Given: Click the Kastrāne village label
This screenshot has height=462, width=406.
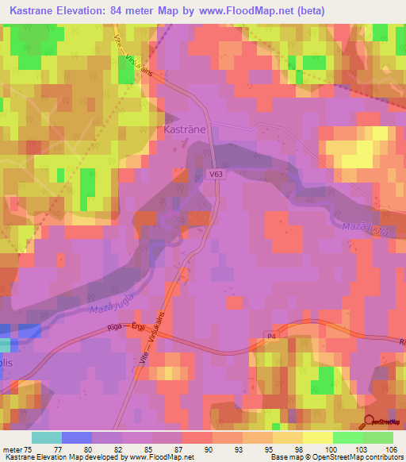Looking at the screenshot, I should [185, 128].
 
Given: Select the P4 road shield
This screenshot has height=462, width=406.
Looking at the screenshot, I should [271, 337].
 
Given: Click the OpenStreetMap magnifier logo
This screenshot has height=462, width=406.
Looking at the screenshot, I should [370, 422].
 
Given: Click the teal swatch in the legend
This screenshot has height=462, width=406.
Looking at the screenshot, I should [46, 437].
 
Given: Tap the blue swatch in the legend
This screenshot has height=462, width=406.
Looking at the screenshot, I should [76, 437].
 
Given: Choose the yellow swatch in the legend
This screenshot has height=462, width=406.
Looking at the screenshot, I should [316, 437].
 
